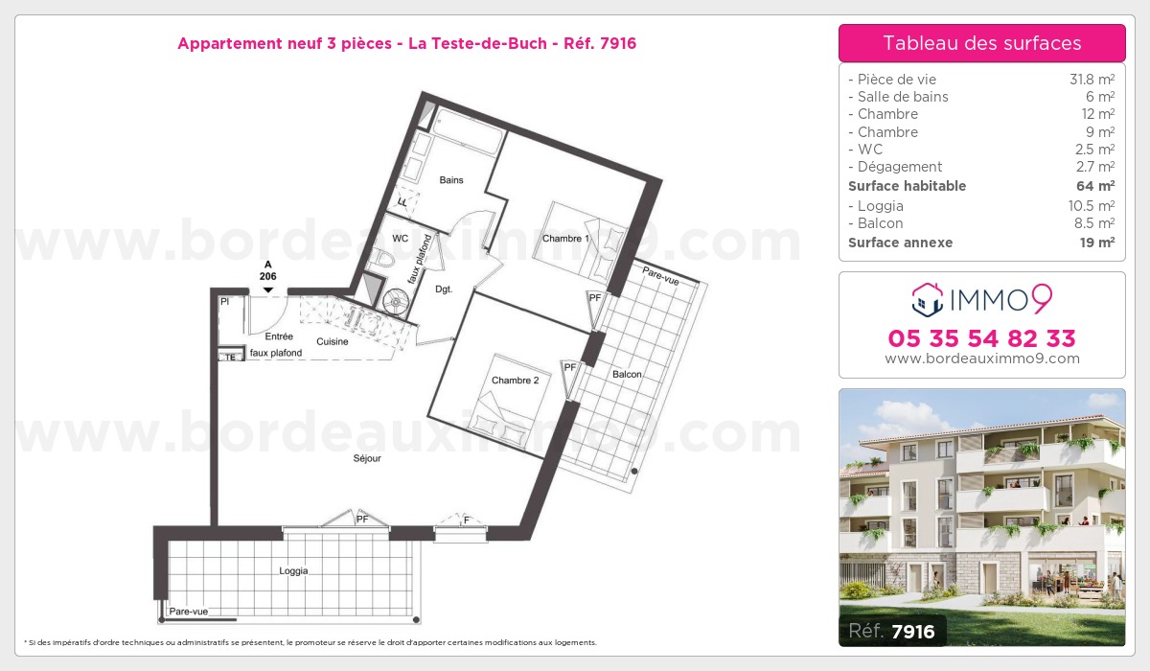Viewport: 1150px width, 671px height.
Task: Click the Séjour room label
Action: [x=367, y=458]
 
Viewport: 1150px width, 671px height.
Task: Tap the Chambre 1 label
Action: [x=565, y=239]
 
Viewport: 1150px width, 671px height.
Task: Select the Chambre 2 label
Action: [x=515, y=381]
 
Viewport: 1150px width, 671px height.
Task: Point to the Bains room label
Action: [x=451, y=180]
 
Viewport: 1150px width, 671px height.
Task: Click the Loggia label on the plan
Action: [x=293, y=571]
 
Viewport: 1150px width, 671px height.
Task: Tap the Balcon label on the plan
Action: [x=627, y=374]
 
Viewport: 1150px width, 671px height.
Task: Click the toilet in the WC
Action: [x=382, y=258]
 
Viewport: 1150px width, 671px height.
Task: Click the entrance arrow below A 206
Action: [x=268, y=290]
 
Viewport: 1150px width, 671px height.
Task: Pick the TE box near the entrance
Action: [x=231, y=357]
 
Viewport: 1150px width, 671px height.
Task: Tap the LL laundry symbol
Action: [x=403, y=202]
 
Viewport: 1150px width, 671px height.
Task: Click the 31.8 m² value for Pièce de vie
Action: [x=1092, y=79]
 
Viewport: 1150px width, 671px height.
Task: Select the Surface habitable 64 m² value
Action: [x=1095, y=186]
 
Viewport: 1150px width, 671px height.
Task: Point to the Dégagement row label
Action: [x=895, y=167]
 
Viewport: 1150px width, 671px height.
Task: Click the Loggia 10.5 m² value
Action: [x=1092, y=206]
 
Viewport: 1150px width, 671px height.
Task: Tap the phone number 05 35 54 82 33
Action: [x=981, y=338]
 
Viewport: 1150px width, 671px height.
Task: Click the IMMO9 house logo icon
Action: [x=928, y=300]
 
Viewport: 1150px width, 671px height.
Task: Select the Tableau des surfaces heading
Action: [x=982, y=43]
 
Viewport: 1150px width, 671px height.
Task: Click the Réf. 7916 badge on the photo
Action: [x=892, y=631]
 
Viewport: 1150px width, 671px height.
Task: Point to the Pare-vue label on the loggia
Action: [x=189, y=612]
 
